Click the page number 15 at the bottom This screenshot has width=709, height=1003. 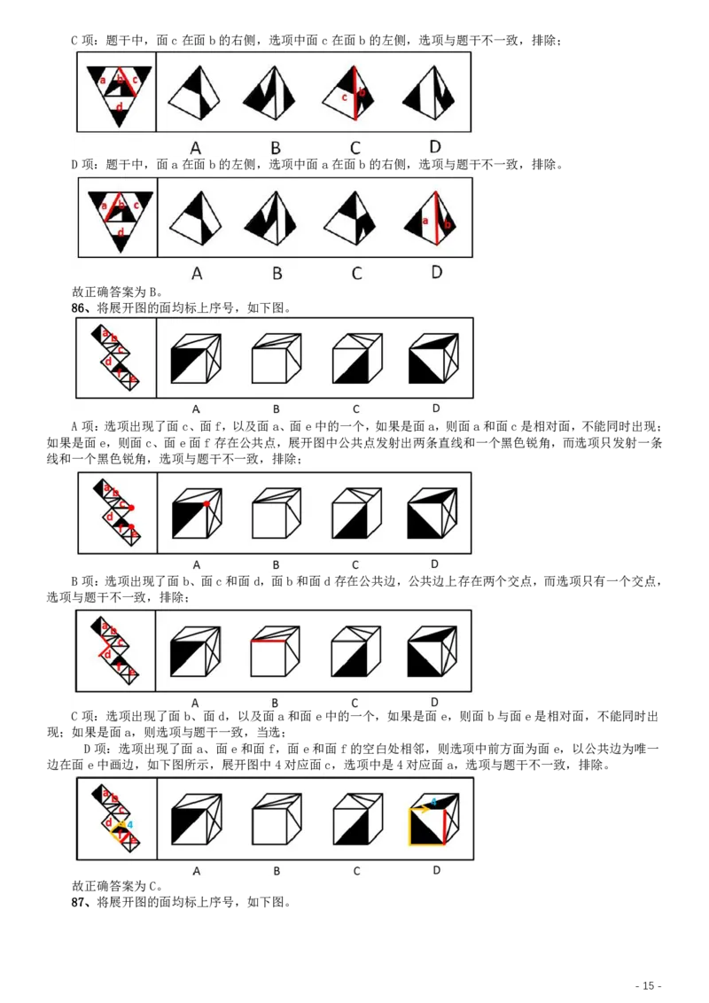click(648, 986)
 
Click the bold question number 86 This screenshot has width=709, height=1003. click(78, 308)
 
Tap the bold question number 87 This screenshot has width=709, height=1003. click(78, 903)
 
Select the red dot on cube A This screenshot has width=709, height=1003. click(206, 505)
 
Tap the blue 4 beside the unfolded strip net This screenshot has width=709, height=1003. click(130, 825)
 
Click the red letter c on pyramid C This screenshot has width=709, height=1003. click(344, 97)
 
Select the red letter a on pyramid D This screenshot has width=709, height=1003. click(425, 222)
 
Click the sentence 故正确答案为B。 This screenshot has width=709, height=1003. click(117, 292)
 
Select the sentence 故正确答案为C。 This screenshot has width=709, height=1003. click(117, 886)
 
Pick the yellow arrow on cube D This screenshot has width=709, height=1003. click(420, 809)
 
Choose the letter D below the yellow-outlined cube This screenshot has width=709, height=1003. click(436, 870)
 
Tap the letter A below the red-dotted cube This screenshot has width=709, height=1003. click(197, 564)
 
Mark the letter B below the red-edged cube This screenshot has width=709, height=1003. click(275, 703)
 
